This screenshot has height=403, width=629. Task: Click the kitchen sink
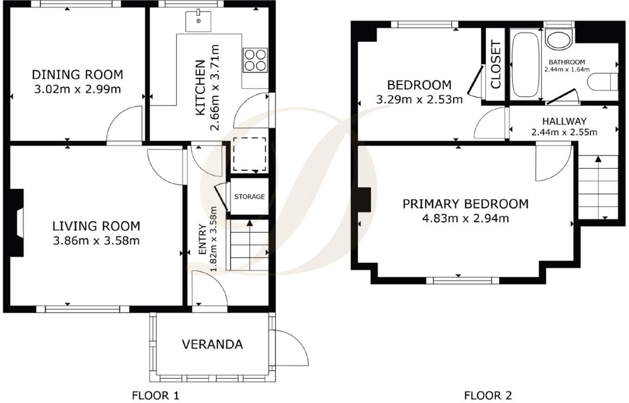[x=198, y=22]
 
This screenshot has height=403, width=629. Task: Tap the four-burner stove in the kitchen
[x=255, y=61]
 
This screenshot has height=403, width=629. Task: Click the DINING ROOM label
[x=78, y=75]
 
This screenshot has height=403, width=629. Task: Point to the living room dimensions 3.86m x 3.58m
[x=96, y=241]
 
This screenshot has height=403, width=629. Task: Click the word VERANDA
[x=212, y=344]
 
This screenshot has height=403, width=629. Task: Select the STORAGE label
[x=249, y=197]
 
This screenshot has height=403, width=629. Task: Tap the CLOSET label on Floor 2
[x=496, y=65]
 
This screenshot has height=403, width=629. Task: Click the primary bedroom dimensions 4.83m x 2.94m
[x=466, y=218]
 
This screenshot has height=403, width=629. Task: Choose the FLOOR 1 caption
[x=155, y=396]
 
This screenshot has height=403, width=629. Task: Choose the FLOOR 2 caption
[x=488, y=396]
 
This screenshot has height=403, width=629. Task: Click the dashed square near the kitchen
[x=250, y=154]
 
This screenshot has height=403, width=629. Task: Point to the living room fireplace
[x=17, y=223]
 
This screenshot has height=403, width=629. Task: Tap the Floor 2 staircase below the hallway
[x=598, y=187]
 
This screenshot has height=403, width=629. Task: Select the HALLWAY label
[x=564, y=121]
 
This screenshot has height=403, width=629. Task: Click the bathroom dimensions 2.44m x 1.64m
[x=567, y=69]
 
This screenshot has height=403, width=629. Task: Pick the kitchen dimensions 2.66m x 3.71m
[x=215, y=87]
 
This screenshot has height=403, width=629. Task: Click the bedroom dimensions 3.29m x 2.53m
[x=419, y=99]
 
